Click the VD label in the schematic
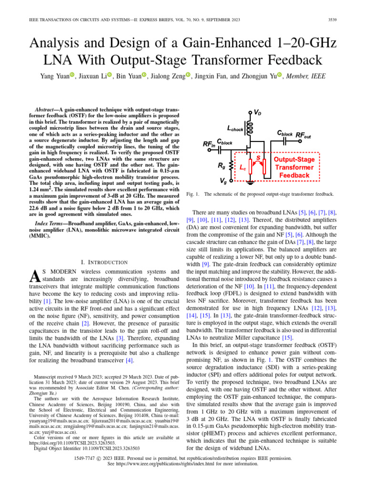257,112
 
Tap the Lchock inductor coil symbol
249,127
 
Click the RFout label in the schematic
304,136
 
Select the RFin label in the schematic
208,143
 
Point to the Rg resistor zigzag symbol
231,164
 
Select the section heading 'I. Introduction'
104,262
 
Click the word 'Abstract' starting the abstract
49,109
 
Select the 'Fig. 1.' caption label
191,194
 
